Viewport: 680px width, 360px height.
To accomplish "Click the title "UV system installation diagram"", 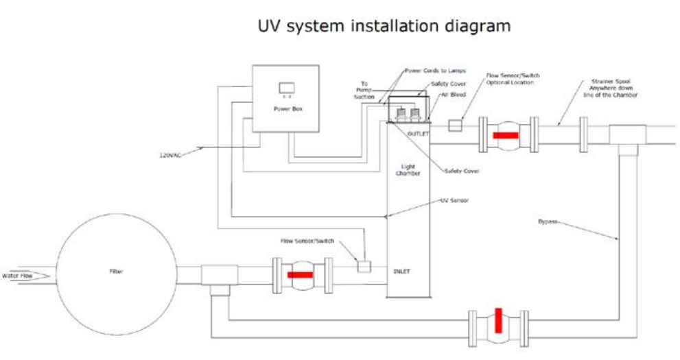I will point(384,26).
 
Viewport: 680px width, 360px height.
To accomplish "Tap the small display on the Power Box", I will point(285,88).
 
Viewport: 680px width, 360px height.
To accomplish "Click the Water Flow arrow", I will point(24,276).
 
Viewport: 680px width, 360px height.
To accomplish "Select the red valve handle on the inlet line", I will point(300,274).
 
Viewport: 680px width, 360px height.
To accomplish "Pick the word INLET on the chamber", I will point(402,272).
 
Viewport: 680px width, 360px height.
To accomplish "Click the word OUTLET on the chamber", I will point(418,133).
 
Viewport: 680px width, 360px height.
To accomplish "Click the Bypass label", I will point(548,221).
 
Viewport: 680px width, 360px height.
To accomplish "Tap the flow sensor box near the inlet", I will point(363,265).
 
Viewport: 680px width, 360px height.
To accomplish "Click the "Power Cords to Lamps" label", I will point(435,70).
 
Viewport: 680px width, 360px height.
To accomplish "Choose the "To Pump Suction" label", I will point(364,91).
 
